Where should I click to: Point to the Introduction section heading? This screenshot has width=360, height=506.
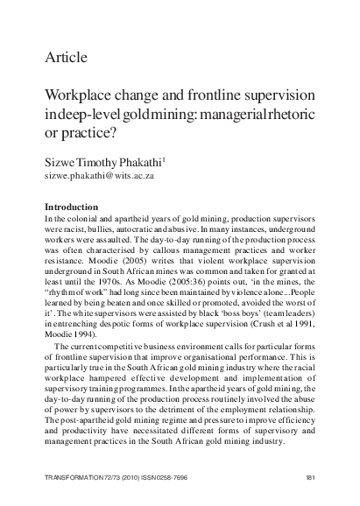click(80, 208)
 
